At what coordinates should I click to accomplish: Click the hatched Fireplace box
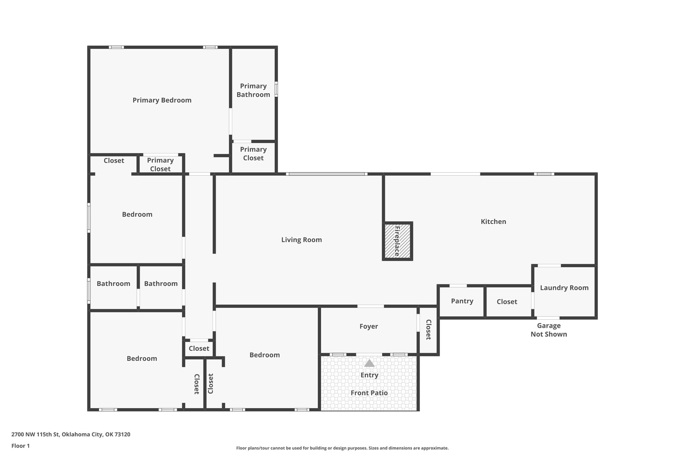point(397,241)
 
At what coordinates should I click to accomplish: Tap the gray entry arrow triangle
point(369,363)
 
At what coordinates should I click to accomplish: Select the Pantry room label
point(462,301)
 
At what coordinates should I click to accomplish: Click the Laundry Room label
point(564,288)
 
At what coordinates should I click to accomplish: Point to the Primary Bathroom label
point(253,90)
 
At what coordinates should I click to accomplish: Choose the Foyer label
point(369,326)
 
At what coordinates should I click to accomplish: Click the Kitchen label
point(493,222)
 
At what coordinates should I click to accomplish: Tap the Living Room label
point(301,240)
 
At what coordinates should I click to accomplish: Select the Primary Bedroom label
point(162,100)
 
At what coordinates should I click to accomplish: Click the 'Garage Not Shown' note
point(549,330)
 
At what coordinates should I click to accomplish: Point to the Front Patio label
point(369,393)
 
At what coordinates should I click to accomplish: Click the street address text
point(71,435)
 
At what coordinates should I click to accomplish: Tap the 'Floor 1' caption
point(20,446)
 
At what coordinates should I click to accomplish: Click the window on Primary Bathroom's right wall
point(276,89)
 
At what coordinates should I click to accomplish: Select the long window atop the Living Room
point(327,174)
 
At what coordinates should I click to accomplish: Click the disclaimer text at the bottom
point(342,448)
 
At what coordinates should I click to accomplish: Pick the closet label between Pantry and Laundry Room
point(507,302)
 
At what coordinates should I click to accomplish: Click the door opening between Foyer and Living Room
point(371,306)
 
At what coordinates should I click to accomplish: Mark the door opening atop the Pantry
point(458,286)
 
